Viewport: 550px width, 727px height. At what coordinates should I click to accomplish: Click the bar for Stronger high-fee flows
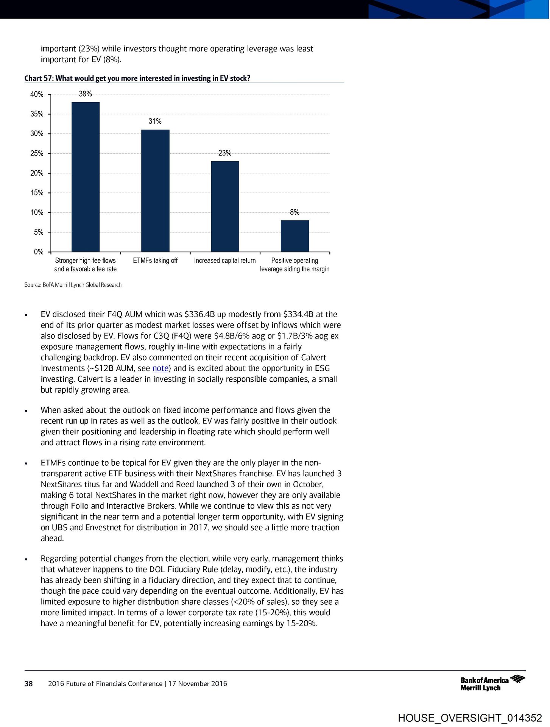tap(86, 177)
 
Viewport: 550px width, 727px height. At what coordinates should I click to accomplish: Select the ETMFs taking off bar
tap(155, 190)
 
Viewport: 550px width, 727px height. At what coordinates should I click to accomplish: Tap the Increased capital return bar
tap(225, 206)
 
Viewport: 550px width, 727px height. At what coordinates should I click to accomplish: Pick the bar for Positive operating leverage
tap(294, 236)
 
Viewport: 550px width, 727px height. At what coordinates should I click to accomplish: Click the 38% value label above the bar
tap(85, 94)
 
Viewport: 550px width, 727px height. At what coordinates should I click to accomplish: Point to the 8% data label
tap(294, 212)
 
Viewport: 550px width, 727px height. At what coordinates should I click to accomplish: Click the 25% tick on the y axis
tap(37, 153)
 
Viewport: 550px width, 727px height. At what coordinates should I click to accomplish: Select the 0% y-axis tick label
tap(38, 252)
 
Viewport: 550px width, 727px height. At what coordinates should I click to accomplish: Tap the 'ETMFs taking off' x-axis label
tap(155, 261)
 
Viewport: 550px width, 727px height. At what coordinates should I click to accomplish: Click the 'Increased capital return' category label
tap(225, 261)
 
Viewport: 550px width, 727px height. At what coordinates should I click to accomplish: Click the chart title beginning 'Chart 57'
tap(137, 78)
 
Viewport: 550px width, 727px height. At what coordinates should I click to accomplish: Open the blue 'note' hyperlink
tap(160, 368)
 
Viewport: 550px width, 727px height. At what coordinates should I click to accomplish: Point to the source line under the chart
tap(73, 285)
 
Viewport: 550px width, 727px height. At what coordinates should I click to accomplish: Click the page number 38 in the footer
tap(28, 683)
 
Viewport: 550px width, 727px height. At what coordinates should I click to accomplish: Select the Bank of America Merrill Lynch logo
tap(492, 683)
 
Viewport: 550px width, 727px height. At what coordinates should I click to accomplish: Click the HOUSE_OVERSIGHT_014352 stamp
tap(470, 718)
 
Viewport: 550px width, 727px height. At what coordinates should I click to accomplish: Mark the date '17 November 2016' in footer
tap(198, 683)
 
